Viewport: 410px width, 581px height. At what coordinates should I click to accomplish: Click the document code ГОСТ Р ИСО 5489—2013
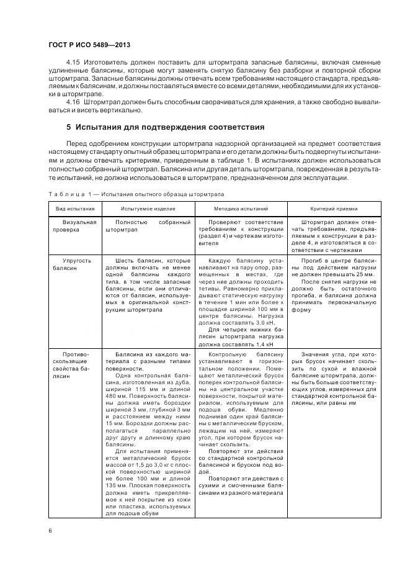tap(89, 45)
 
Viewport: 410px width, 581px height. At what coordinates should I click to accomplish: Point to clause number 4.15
tap(73, 64)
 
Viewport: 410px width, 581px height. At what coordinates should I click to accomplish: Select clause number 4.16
tap(73, 102)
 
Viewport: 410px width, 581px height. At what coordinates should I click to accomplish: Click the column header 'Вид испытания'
tap(75, 210)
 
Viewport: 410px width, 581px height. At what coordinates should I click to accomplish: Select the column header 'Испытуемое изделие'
tap(148, 210)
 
